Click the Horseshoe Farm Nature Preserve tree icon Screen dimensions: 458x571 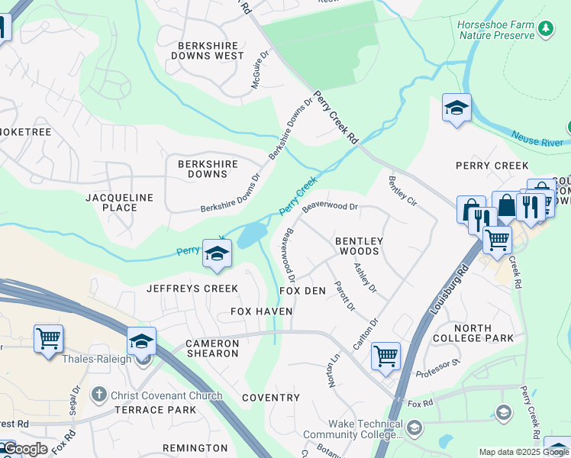click(x=545, y=29)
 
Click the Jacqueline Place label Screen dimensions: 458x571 click(x=119, y=202)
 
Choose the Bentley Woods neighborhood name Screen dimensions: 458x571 click(x=358, y=246)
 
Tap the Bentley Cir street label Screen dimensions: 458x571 click(x=402, y=192)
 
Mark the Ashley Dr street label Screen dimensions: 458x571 click(x=365, y=278)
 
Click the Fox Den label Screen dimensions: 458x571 click(x=302, y=292)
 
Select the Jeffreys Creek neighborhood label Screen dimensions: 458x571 click(x=192, y=288)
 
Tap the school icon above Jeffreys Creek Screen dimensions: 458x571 click(x=217, y=254)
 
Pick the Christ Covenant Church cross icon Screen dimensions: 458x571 click(x=98, y=395)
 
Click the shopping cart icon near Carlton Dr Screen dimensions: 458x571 click(x=386, y=355)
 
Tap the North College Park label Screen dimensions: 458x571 click(x=473, y=333)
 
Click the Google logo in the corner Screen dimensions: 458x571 click(x=25, y=448)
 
